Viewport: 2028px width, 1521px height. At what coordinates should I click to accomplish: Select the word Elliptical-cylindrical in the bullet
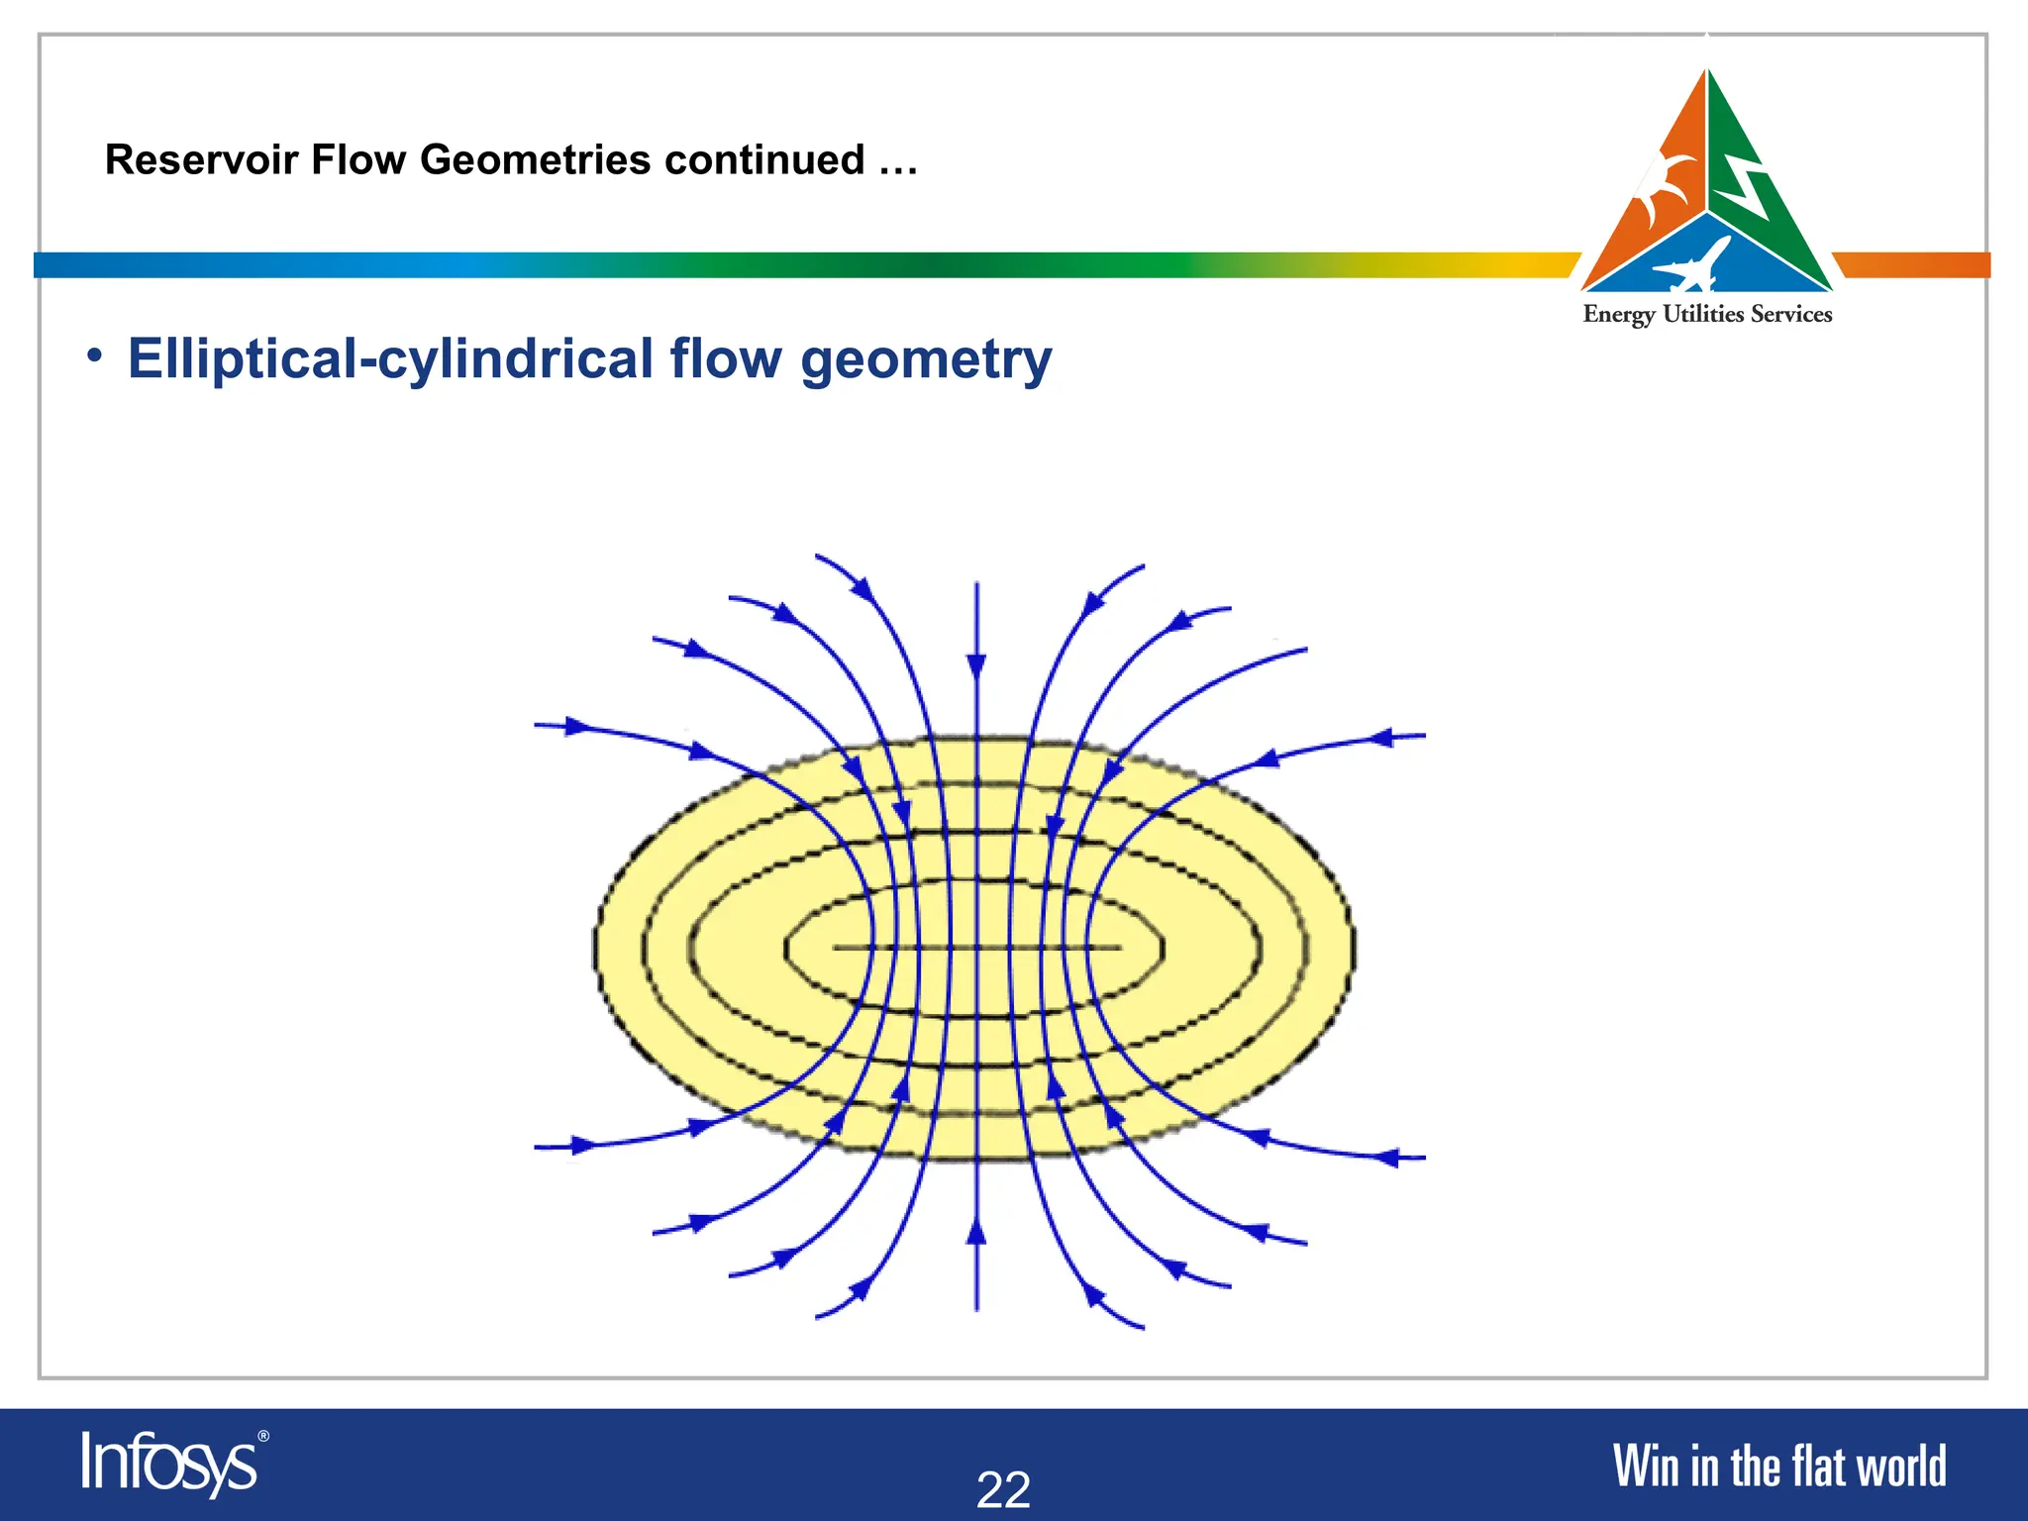[390, 358]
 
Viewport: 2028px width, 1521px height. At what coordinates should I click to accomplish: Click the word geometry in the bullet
[926, 360]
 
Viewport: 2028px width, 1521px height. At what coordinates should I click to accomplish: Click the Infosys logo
[168, 1463]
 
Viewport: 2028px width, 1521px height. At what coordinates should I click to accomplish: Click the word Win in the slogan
[1646, 1467]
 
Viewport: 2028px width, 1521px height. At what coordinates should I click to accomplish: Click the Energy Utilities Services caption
[1707, 315]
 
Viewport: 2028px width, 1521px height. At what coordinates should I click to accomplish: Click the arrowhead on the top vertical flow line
[976, 665]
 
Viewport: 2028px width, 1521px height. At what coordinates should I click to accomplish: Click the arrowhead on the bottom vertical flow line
[976, 1232]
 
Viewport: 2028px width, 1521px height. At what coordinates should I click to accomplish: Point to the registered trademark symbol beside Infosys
[262, 1436]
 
